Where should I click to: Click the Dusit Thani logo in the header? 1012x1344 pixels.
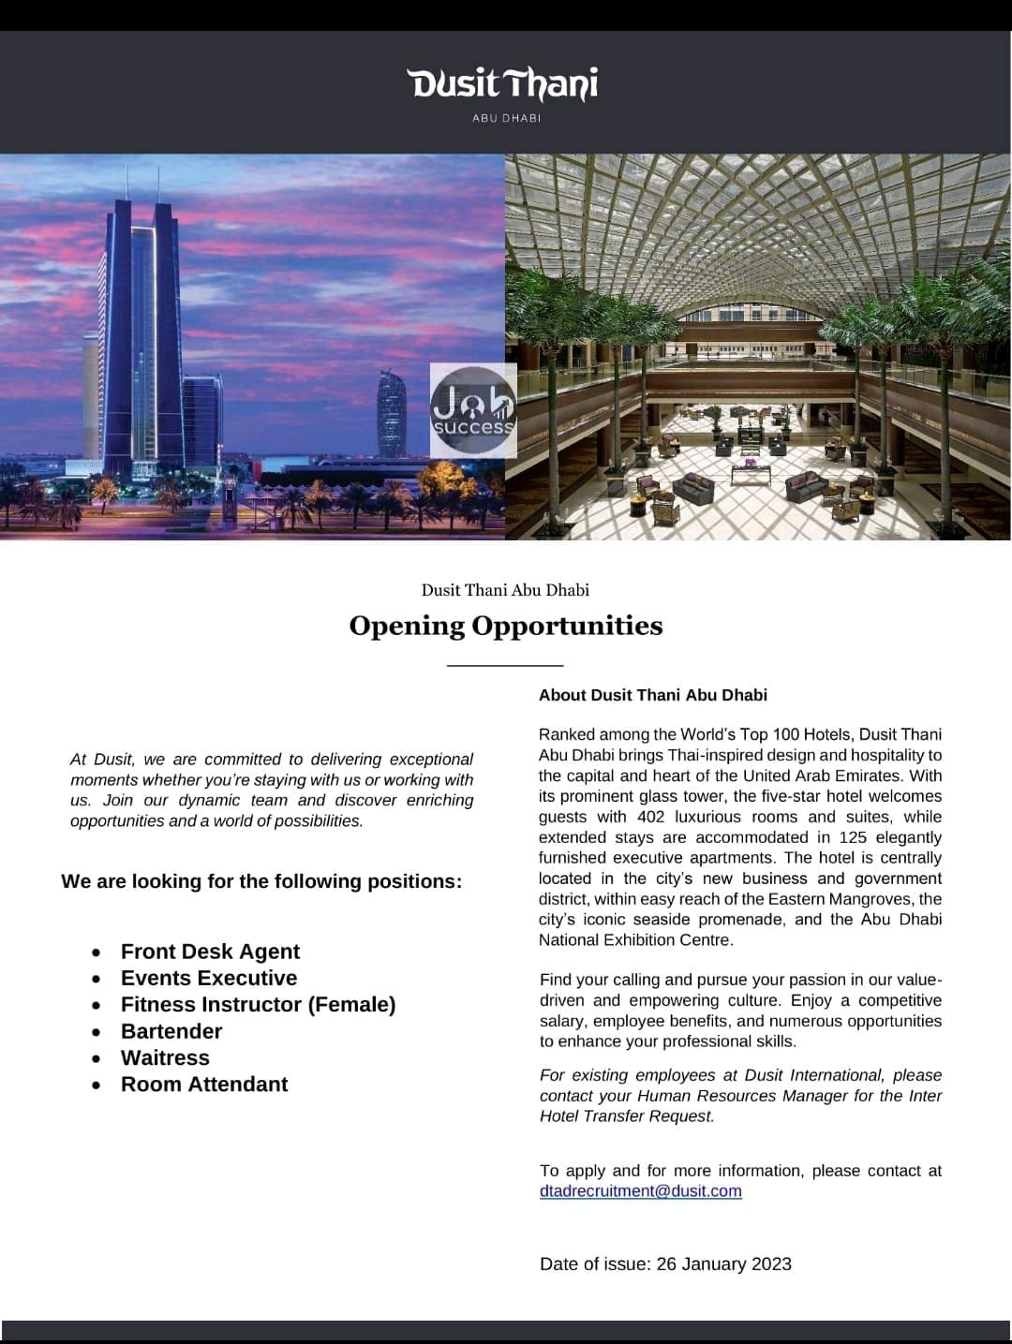(504, 84)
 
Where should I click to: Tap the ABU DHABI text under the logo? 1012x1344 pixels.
(506, 118)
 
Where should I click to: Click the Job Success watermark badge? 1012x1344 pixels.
(473, 410)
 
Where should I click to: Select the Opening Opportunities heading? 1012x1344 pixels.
(506, 626)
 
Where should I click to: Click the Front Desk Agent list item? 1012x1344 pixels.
(210, 952)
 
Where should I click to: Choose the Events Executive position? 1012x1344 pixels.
(209, 978)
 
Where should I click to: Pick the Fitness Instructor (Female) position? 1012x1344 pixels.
(258, 1004)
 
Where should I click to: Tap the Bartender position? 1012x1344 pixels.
(171, 1031)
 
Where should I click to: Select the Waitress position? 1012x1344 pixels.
(165, 1057)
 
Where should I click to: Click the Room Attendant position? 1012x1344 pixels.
(204, 1084)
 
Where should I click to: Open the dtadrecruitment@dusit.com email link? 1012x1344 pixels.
(641, 1191)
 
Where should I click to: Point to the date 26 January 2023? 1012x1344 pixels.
(724, 1264)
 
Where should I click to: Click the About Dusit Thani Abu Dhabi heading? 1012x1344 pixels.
(653, 695)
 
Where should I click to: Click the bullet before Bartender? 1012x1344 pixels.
(97, 1032)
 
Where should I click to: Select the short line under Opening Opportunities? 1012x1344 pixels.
(506, 665)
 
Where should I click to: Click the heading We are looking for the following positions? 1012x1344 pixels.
(261, 881)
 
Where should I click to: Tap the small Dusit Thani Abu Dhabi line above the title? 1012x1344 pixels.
(505, 590)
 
